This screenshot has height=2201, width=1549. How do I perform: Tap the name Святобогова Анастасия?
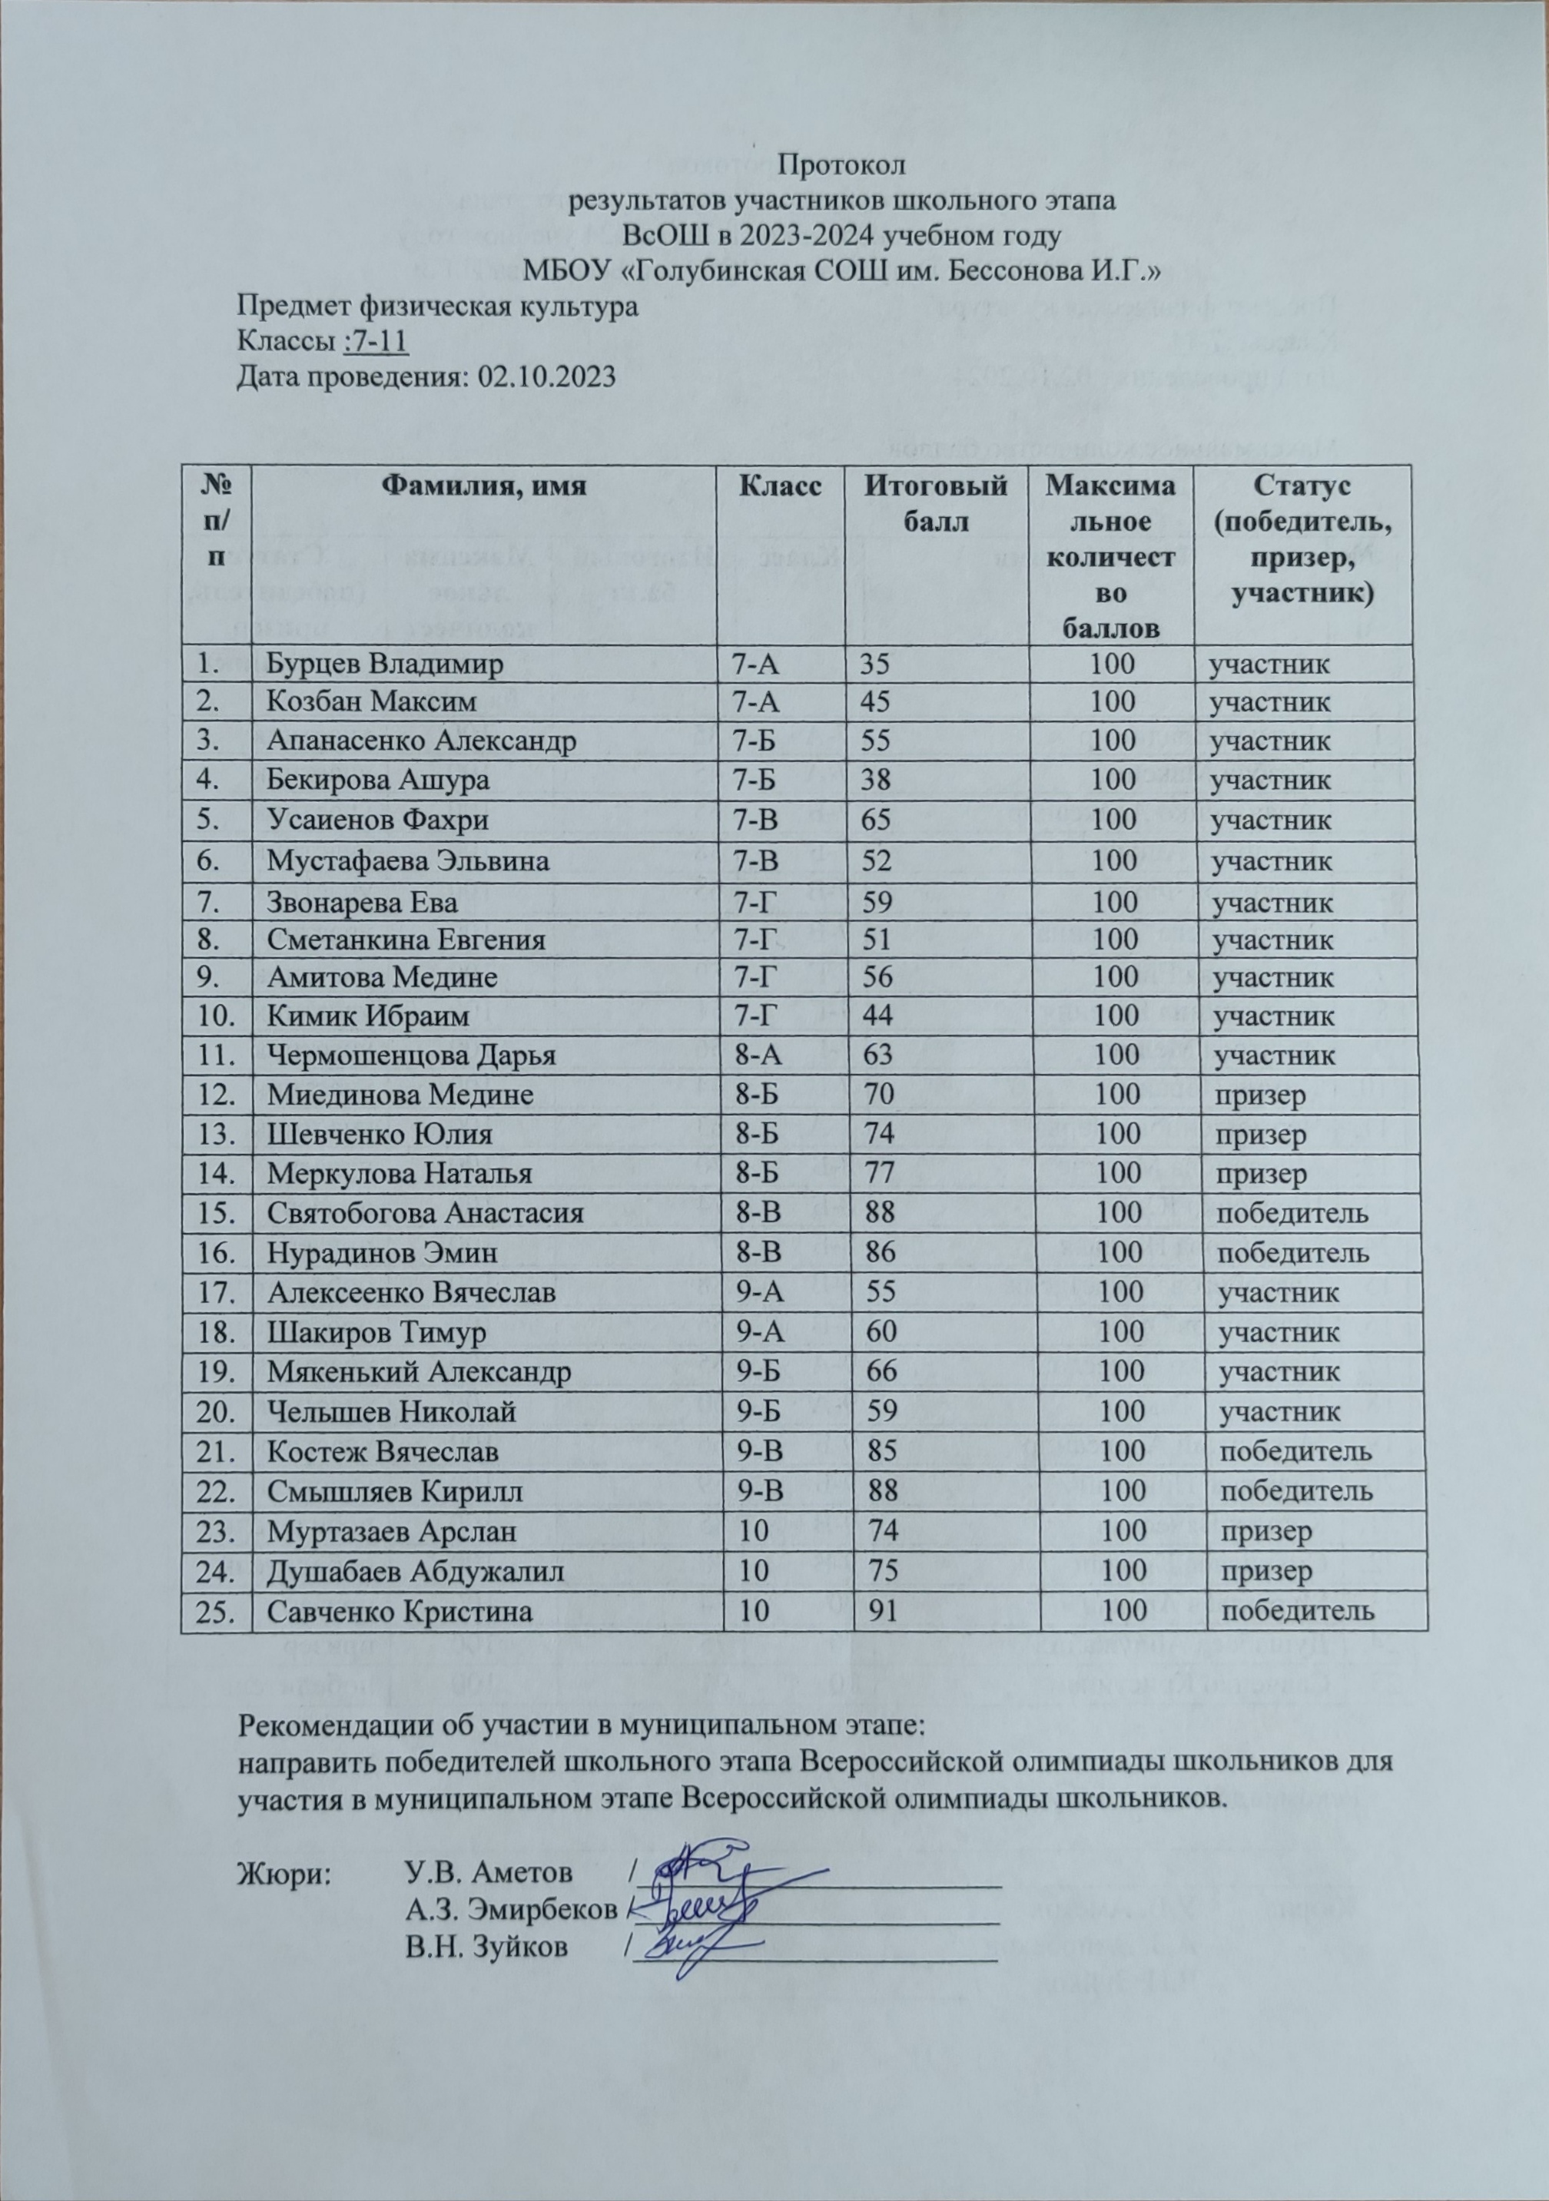pos(426,1214)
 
